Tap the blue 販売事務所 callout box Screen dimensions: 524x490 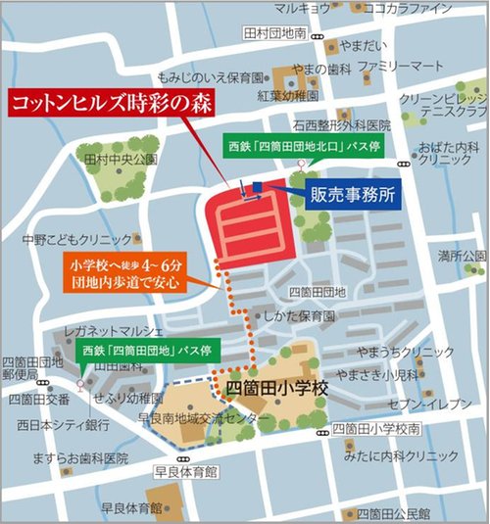point(351,194)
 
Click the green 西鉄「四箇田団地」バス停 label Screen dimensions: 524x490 point(143,351)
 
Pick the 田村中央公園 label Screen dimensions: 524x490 point(121,159)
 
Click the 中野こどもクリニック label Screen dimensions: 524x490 point(77,239)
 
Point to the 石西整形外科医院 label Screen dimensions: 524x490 point(340,125)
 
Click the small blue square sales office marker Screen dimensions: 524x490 point(257,186)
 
